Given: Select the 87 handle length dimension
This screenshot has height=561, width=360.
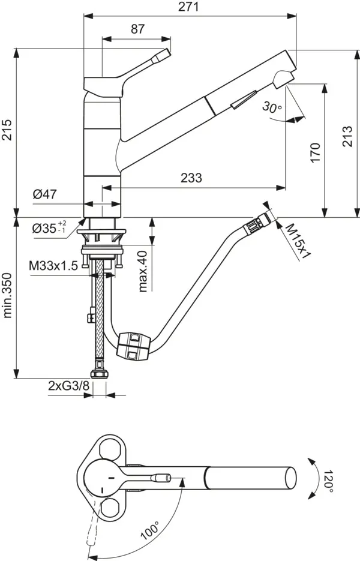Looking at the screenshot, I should point(137,29).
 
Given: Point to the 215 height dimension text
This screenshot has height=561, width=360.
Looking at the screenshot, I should point(7,127).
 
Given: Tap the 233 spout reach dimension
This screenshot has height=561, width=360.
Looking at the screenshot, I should point(191,178).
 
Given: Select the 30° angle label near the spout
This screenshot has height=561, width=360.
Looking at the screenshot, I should point(272,107).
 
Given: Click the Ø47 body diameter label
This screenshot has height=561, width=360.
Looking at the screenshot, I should point(45,194).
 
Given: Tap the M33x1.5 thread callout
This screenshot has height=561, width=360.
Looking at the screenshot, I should point(53,265).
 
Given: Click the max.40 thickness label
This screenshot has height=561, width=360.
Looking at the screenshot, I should point(143,271).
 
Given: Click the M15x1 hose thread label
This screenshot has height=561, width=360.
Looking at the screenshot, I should point(296,240).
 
